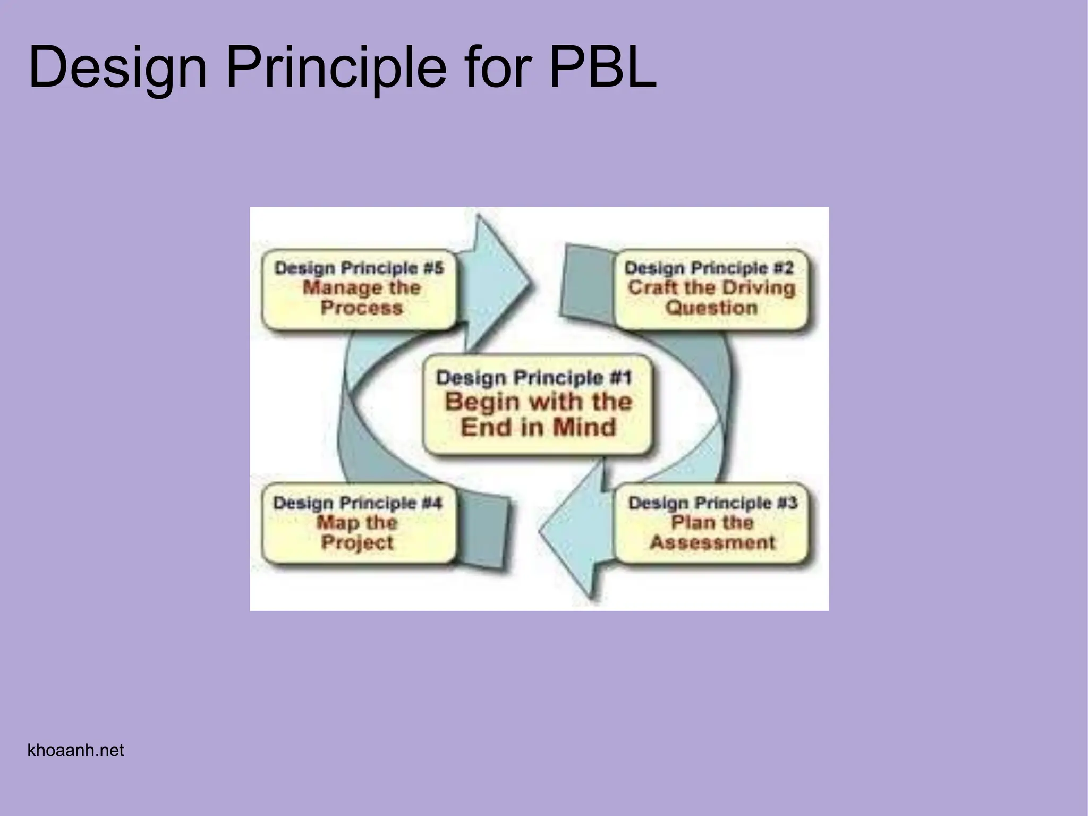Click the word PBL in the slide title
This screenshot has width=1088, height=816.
[602, 68]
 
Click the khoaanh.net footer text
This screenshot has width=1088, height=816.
[75, 750]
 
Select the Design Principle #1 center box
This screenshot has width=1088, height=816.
[537, 404]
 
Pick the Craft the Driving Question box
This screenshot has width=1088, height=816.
[711, 290]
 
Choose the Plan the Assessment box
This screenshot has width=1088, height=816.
[712, 523]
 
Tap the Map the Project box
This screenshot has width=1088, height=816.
[359, 523]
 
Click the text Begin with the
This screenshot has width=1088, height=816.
[538, 402]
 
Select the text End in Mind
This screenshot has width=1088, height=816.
[538, 428]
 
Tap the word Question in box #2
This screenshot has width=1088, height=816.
[711, 308]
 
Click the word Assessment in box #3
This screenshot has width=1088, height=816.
[712, 542]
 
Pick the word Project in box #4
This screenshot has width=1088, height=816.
[358, 543]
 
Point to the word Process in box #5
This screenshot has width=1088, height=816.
[361, 308]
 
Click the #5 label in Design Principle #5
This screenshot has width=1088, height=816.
[433, 268]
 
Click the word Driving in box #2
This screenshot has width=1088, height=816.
[762, 288]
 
